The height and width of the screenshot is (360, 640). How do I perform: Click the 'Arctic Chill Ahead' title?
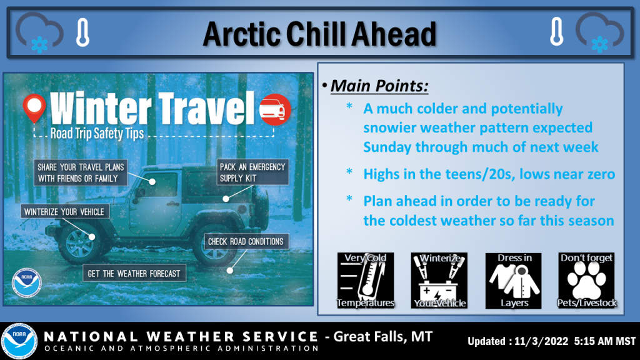point(319,34)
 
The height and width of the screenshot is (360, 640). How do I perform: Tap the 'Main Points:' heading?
point(379,86)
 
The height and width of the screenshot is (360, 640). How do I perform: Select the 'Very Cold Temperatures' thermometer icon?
point(365,281)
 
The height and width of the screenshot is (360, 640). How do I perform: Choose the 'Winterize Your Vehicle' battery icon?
point(439,281)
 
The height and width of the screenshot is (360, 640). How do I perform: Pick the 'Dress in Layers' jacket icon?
point(514,281)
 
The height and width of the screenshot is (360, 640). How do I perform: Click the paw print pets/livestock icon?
point(586,281)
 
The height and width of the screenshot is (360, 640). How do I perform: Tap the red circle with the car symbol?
point(275,109)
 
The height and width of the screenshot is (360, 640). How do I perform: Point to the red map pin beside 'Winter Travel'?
point(34,108)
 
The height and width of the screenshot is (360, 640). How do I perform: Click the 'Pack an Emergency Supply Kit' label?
point(252,172)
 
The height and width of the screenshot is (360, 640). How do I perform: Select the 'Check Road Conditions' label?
point(246,242)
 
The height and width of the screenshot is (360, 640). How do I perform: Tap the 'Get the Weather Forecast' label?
point(134,274)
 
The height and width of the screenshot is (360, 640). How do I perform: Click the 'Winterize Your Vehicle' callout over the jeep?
point(64,212)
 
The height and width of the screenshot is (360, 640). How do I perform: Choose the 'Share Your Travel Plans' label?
point(81,172)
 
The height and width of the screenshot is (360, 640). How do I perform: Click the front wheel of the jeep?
point(79,244)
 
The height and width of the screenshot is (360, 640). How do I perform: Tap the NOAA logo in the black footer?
point(19,341)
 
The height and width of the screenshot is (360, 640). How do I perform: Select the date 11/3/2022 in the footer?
point(541,341)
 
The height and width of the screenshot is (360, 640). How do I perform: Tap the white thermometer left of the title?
point(83,32)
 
